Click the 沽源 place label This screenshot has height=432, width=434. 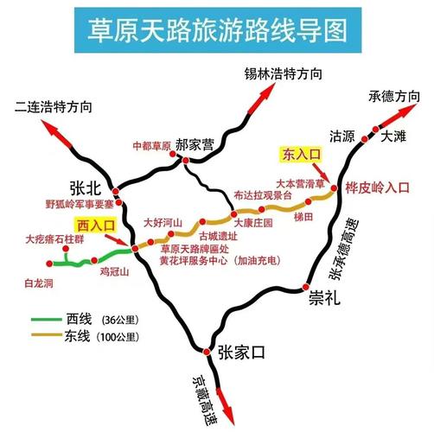(342, 137)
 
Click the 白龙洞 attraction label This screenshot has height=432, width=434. (39, 283)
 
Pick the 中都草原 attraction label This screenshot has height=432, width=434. (152, 145)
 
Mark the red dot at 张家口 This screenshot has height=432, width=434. (207, 352)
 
